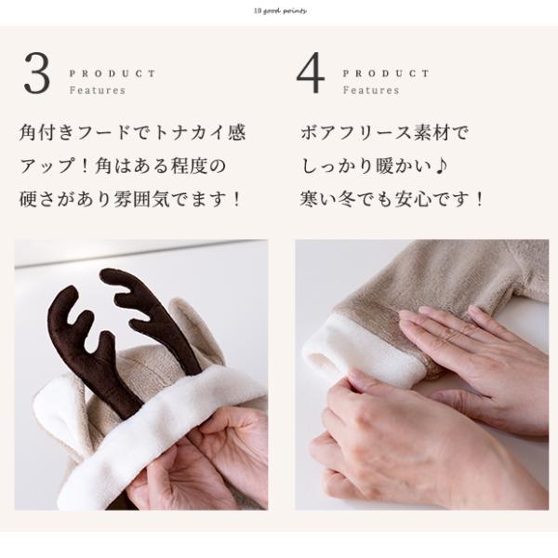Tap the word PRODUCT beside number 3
point(113,73)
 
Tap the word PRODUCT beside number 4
point(386,73)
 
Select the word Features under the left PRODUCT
point(97,91)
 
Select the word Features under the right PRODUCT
point(370,91)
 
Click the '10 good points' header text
point(279,11)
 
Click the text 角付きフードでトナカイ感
point(132,133)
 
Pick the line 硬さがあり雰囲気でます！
point(132,200)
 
